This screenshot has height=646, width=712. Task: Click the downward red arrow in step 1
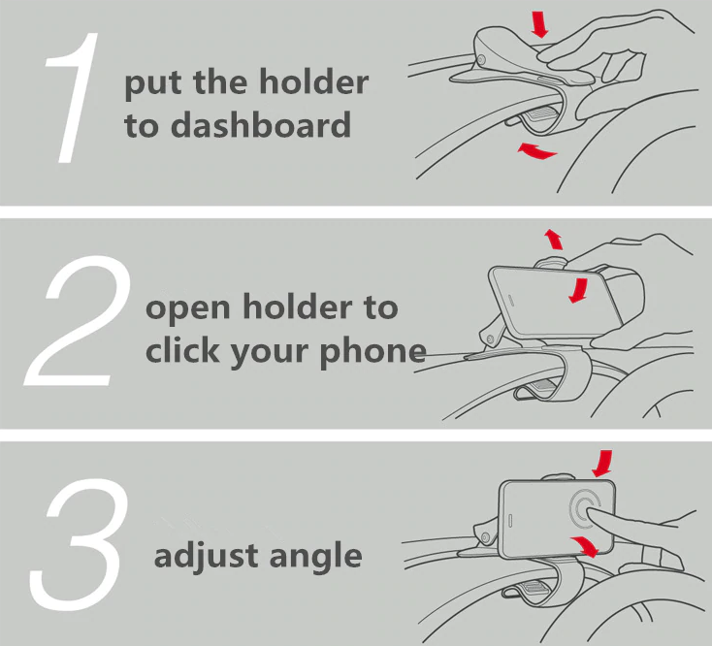[540, 24]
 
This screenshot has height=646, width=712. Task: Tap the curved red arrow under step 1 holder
[536, 150]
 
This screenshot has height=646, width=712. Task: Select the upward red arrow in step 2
[553, 239]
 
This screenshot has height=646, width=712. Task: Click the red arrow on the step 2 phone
[579, 288]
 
